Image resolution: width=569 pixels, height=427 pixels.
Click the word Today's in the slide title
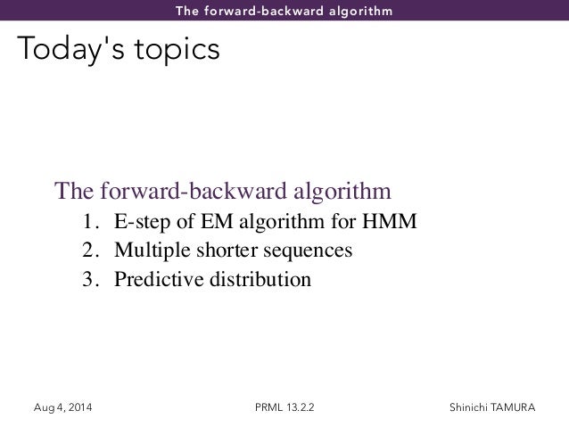[61, 50]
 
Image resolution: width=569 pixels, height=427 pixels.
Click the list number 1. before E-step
[90, 222]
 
